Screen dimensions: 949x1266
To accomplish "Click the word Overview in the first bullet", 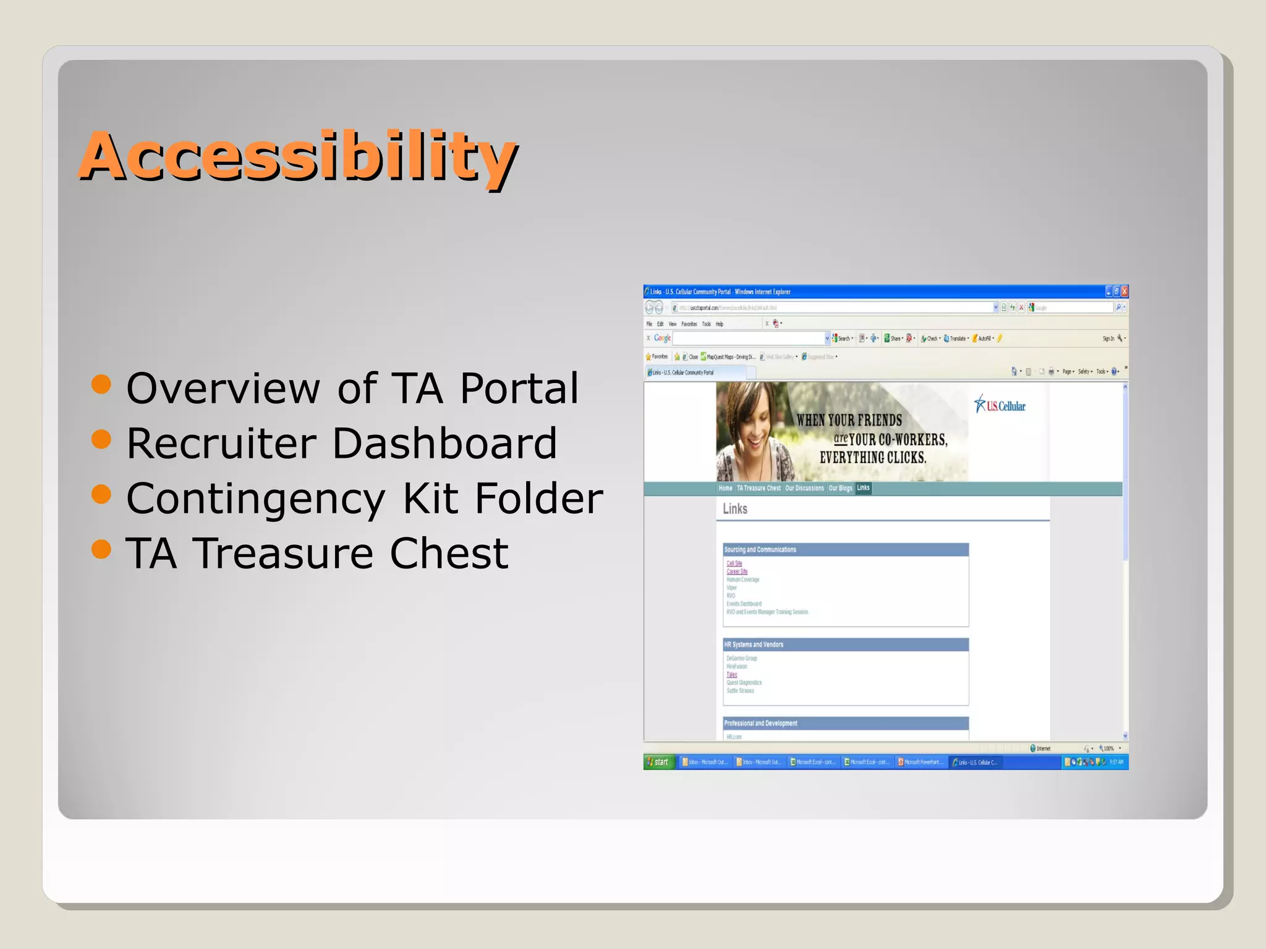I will tap(223, 389).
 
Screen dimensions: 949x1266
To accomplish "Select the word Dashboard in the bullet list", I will tap(444, 444).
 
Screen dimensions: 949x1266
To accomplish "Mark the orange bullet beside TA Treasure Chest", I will tap(101, 549).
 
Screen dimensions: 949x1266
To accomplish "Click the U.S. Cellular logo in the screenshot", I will tap(1000, 405).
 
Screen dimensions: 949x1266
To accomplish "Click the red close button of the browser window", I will tap(1124, 292).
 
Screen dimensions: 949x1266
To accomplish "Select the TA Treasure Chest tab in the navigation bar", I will tap(758, 488).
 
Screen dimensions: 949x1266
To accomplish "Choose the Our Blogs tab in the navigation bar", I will tap(840, 488).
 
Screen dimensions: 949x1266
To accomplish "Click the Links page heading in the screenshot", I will tap(735, 509).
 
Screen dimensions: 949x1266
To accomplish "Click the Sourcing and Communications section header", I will tap(760, 550).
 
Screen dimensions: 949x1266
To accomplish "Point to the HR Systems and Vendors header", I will tap(754, 644).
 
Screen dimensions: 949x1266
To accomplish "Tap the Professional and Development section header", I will tap(760, 723).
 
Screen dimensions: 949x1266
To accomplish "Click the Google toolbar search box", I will tap(748, 339).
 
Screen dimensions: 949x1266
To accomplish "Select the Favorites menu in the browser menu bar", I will tap(689, 324).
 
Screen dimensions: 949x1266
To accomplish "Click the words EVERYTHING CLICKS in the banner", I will tap(872, 458).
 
